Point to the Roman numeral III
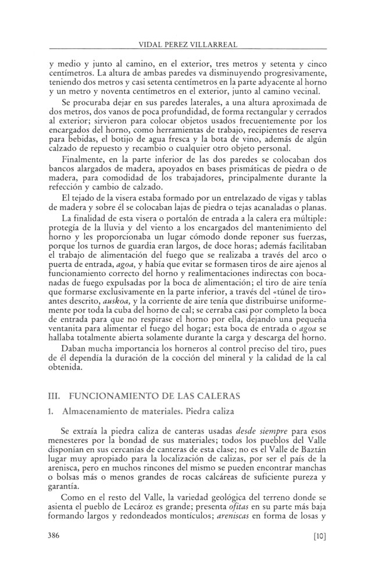[x=54, y=395]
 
